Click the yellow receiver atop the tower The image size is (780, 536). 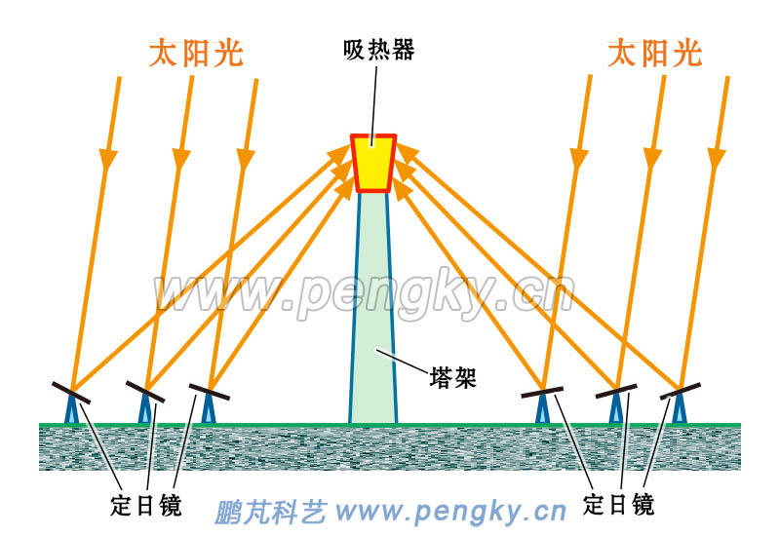click(373, 162)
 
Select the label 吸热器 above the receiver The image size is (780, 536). click(378, 50)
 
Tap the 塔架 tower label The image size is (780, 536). click(452, 377)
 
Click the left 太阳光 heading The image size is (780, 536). click(195, 53)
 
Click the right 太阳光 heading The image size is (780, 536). click(654, 53)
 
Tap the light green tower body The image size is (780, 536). click(373, 322)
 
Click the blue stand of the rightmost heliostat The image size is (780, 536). click(679, 411)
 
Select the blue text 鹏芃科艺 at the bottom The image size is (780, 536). click(270, 511)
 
